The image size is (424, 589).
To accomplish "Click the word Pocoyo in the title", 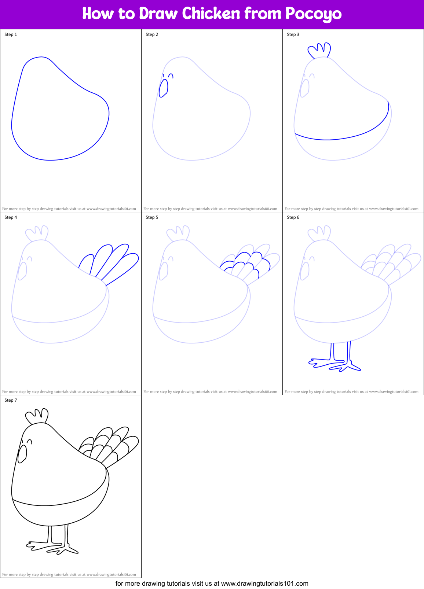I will click(x=313, y=14).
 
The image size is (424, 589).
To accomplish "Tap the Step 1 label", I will click(x=11, y=34).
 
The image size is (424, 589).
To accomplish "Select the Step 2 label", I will click(x=152, y=34).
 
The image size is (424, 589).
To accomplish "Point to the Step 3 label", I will click(x=293, y=34).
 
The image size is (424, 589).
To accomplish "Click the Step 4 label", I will click(x=11, y=217).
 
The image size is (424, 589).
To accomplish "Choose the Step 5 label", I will click(x=152, y=217).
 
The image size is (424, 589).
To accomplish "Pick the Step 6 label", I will click(x=293, y=217).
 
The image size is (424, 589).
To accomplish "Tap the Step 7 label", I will click(x=11, y=400).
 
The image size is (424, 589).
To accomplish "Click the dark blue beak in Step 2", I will click(x=163, y=88).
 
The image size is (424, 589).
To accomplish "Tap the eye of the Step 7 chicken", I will click(x=30, y=441).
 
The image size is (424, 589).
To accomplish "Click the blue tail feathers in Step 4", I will click(x=110, y=262).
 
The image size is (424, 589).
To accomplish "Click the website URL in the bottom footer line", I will click(x=264, y=584).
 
